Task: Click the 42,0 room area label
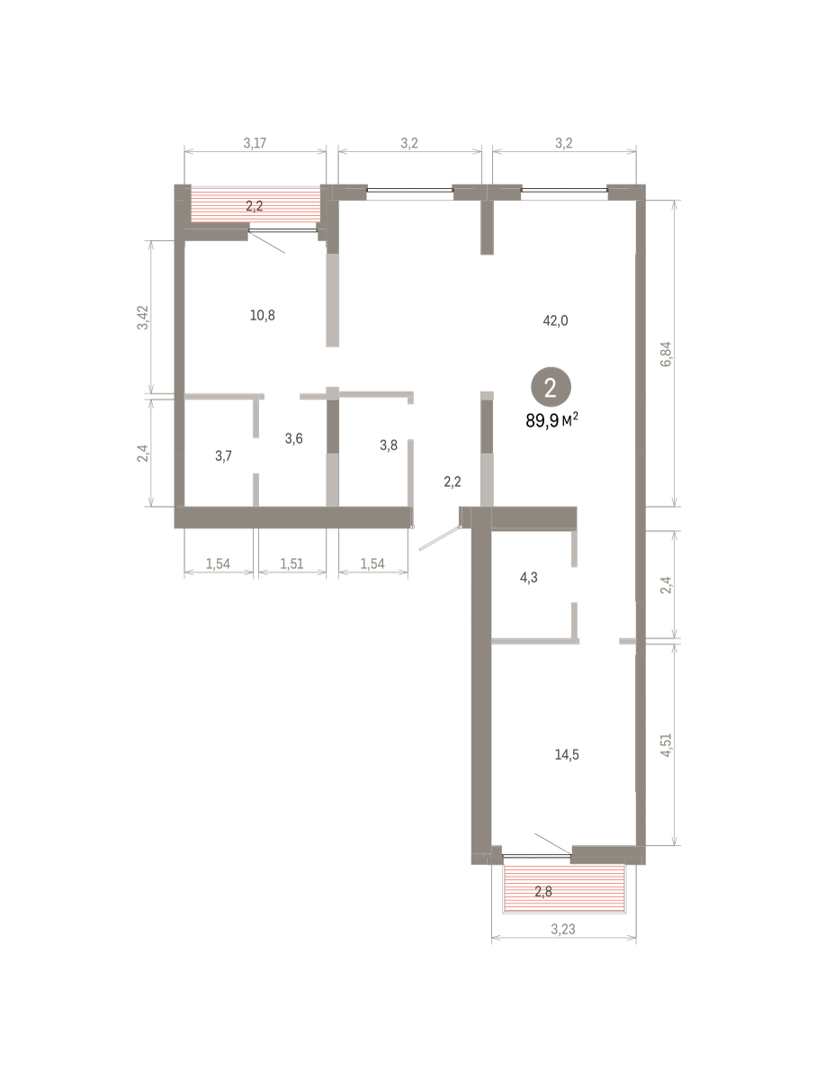(x=555, y=320)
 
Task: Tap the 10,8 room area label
(x=262, y=315)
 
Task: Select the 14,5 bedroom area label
(x=567, y=754)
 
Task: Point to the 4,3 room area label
(x=529, y=578)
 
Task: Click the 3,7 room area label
(x=223, y=456)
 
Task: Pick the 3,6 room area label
(x=293, y=438)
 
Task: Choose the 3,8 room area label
(x=389, y=445)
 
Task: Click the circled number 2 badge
(x=551, y=387)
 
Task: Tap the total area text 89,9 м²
(x=551, y=420)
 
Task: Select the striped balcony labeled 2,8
(x=564, y=888)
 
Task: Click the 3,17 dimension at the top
(x=255, y=143)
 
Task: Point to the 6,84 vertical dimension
(x=666, y=355)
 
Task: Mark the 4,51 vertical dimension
(x=666, y=745)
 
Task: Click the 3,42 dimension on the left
(x=142, y=318)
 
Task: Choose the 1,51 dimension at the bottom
(x=291, y=563)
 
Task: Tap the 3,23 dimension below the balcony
(x=562, y=930)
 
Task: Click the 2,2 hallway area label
(x=453, y=481)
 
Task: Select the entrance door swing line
(x=439, y=538)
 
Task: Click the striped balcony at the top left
(x=256, y=206)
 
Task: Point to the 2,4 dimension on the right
(x=666, y=585)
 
